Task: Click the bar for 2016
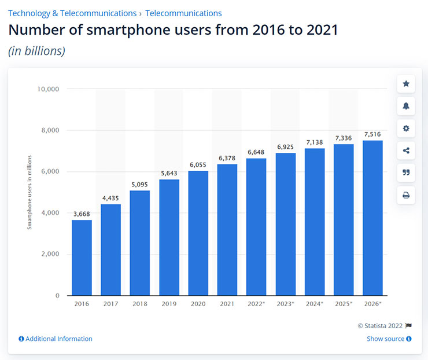[x=82, y=258]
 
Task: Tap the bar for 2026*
[x=372, y=218]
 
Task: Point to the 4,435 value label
[x=110, y=198]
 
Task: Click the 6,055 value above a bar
[x=198, y=165]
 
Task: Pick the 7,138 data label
[x=314, y=142]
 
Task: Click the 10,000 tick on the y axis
[x=49, y=89]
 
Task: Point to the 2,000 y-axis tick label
[x=50, y=254]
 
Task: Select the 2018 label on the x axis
[x=140, y=303]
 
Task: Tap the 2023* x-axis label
[x=285, y=303]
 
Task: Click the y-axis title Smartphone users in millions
[x=29, y=192]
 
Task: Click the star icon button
[x=406, y=84]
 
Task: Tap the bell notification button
[x=406, y=106]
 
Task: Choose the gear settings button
[x=406, y=128]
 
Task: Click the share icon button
[x=406, y=150]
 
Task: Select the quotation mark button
[x=406, y=172]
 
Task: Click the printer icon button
[x=406, y=195]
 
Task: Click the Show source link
[x=389, y=339]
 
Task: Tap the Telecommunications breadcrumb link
[x=183, y=13]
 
